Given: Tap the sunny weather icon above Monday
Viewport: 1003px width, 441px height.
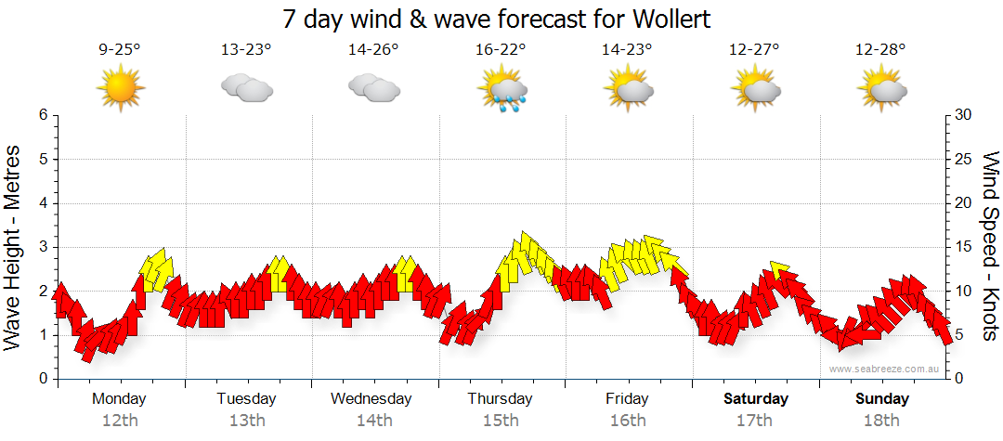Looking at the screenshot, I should pos(120,88).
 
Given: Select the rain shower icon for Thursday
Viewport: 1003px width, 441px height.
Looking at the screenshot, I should pos(502,90).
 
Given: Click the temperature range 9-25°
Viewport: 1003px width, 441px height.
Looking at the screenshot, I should pos(120,50).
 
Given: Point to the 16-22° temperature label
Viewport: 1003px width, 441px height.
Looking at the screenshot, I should pos(501,50).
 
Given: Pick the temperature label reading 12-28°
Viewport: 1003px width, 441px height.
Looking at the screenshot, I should pos(881,50).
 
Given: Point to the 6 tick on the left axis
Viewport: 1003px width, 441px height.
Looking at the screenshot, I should pos(42,115).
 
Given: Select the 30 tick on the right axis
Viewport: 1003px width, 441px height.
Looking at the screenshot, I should pos(964,115).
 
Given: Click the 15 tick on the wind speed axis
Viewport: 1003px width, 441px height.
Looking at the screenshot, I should pos(964,247).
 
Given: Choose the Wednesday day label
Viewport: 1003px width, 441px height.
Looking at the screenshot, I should pos(371,399).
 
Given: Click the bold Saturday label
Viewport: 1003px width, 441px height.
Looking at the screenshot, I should pos(756,399).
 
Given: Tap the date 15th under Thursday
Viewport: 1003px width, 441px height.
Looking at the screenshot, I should pos(501,421).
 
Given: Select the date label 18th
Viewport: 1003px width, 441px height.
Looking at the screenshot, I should pos(881,421).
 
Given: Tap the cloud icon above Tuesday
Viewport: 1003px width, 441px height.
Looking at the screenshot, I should pos(246,89).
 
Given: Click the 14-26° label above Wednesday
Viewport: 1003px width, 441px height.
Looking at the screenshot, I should pos(373,50).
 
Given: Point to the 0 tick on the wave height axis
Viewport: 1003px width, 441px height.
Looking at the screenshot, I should pos(42,379).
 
